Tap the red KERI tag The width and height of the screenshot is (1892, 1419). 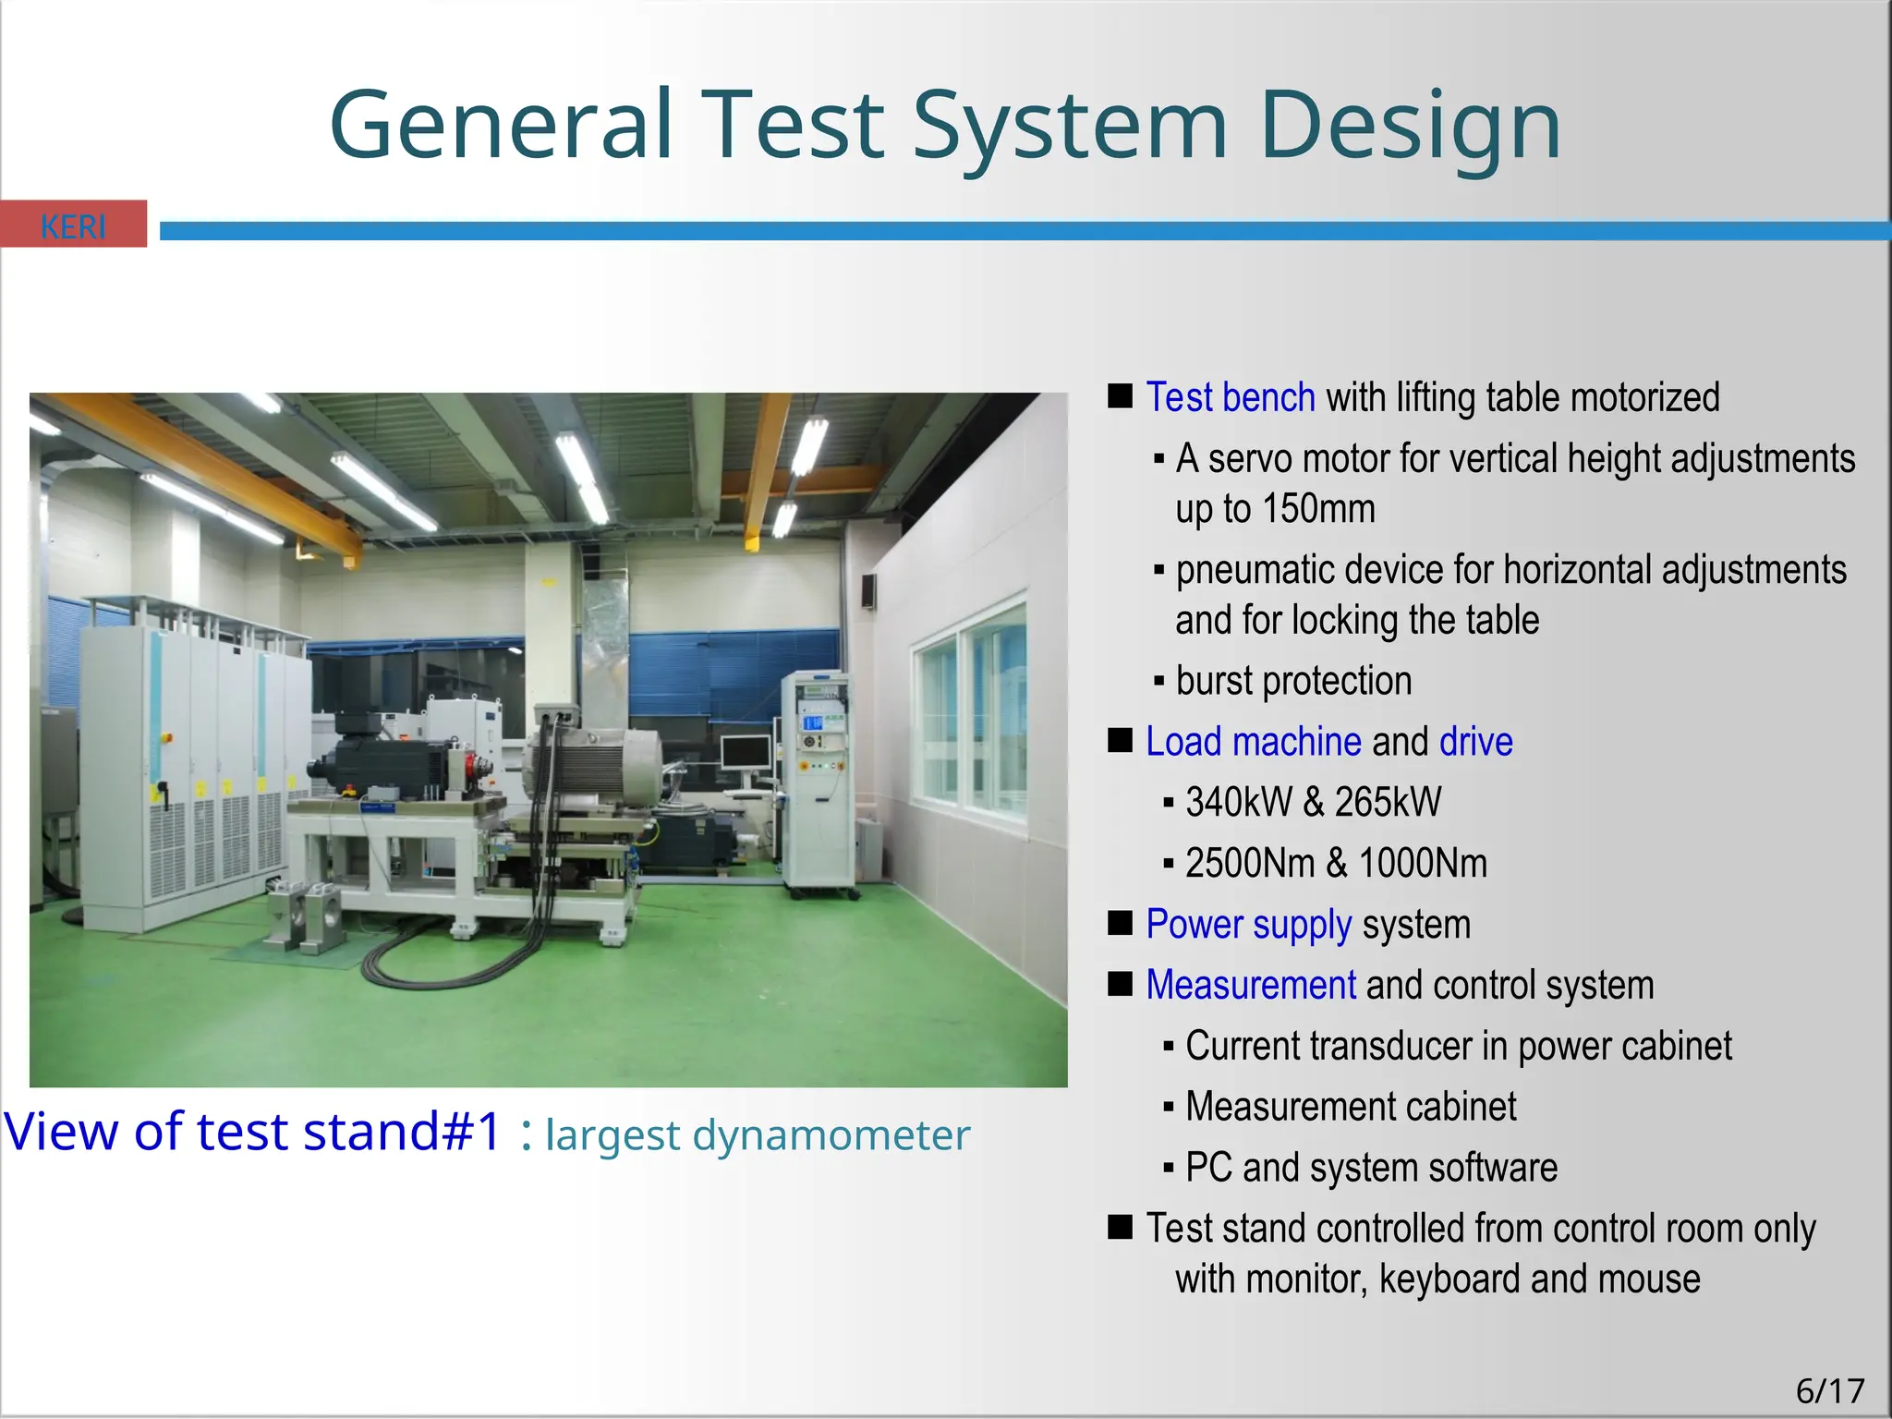coord(73,224)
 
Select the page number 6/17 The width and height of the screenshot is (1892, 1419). coord(1829,1390)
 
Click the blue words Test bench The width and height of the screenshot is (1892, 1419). coord(1230,398)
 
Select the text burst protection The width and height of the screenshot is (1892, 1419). coord(1293,682)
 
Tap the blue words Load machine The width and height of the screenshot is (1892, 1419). coord(1253,742)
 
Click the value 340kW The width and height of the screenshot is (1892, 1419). coord(1238,803)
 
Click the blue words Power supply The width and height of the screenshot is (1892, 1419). coord(1248,925)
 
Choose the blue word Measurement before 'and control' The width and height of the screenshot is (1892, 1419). coord(1250,986)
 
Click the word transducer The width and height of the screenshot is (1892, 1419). coord(1386,1047)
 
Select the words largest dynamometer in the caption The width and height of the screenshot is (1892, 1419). coord(758,1135)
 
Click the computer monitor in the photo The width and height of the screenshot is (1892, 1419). coord(746,755)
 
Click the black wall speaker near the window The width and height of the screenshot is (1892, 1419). coord(868,591)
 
